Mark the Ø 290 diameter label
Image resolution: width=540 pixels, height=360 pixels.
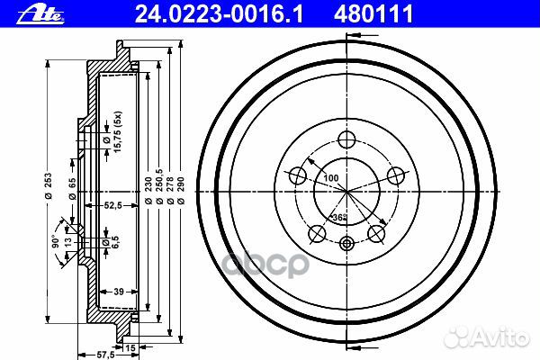(x=183, y=192)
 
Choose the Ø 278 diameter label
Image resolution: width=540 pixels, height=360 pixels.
(x=171, y=192)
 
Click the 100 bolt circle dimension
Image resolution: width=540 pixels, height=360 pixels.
(x=331, y=179)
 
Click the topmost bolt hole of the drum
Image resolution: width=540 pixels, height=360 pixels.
(x=346, y=139)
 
